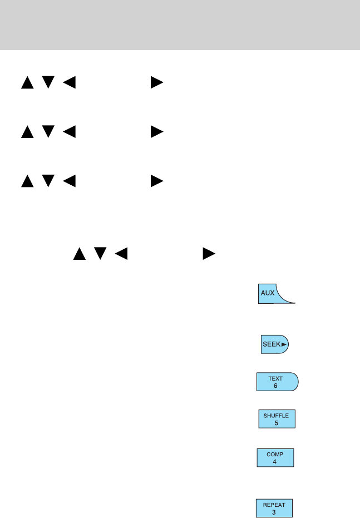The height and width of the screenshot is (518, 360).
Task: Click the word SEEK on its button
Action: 271,344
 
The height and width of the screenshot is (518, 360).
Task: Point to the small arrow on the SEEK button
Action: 284,344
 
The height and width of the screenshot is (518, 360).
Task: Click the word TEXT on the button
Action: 275,378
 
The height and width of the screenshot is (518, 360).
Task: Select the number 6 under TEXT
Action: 275,386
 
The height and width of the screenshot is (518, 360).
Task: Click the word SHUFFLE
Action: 277,415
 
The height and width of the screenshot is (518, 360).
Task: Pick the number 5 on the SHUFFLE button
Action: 277,422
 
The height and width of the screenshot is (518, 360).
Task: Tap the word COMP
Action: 275,455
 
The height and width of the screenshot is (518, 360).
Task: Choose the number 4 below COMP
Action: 275,462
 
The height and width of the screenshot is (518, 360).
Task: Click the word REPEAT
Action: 274,505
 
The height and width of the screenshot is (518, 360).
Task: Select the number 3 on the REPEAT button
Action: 274,512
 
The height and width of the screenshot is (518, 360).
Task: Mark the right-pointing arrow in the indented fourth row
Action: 208,254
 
